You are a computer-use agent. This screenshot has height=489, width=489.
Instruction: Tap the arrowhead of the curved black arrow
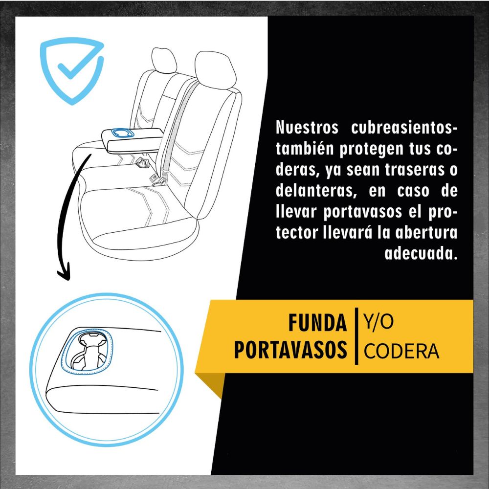click(64, 271)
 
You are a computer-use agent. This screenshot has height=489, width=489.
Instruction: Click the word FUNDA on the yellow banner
click(317, 323)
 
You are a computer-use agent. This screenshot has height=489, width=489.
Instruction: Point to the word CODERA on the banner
click(401, 351)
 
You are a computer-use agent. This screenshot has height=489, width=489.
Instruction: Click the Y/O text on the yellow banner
click(378, 323)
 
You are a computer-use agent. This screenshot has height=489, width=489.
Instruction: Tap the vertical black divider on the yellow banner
click(356, 336)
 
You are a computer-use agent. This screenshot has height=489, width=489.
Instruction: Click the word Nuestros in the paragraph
click(307, 127)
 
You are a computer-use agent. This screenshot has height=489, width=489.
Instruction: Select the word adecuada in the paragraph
click(421, 253)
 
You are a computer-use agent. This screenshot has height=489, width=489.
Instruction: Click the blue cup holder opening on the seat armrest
click(123, 133)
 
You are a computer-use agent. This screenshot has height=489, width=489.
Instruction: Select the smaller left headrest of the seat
click(164, 60)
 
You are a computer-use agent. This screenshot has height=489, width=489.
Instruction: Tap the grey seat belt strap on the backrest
click(180, 124)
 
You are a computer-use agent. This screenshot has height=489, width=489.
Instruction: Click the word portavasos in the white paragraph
click(362, 211)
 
